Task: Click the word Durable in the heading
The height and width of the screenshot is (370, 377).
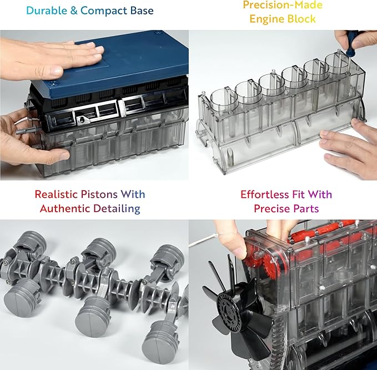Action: point(44,11)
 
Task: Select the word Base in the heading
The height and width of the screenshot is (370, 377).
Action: point(140,11)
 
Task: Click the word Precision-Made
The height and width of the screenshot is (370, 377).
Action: point(282,5)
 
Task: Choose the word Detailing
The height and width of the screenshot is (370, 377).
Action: point(117,209)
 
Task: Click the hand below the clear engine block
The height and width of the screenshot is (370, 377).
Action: point(347,150)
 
